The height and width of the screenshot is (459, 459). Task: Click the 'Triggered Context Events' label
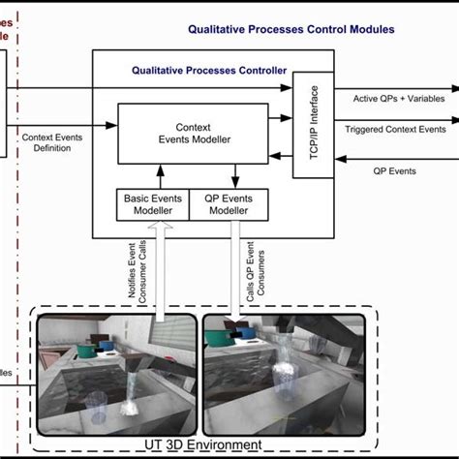(x=395, y=128)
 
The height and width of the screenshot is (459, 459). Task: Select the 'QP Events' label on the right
(x=394, y=170)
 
